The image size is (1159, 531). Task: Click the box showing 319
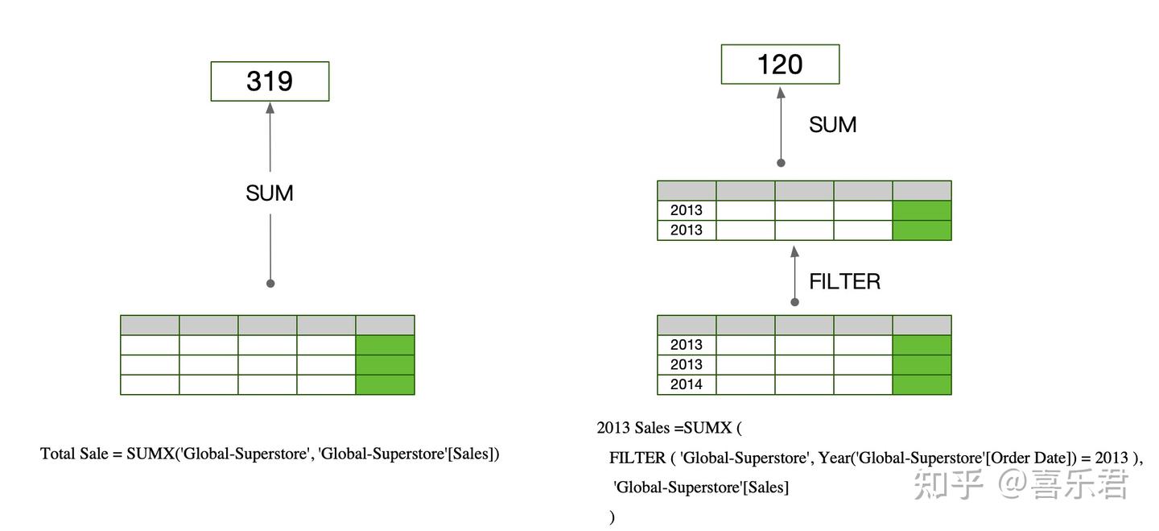(x=270, y=81)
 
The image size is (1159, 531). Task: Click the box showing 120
(x=780, y=64)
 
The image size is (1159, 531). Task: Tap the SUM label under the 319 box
(x=270, y=193)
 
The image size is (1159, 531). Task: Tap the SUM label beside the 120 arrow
(x=832, y=125)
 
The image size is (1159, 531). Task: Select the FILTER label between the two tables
(x=844, y=281)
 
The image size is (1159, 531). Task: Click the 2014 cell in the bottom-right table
(x=686, y=384)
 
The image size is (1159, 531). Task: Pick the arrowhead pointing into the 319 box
(x=270, y=107)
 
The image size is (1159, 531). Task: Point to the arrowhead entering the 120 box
(x=780, y=91)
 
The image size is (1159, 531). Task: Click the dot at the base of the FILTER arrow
(x=794, y=302)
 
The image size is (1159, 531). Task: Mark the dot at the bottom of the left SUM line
(x=270, y=284)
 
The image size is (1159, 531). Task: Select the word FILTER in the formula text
(x=637, y=458)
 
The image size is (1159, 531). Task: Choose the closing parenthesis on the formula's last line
(x=612, y=517)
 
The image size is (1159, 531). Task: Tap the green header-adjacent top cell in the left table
(x=385, y=345)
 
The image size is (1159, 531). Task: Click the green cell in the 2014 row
(x=922, y=384)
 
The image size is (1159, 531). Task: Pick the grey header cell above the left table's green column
(x=385, y=325)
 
